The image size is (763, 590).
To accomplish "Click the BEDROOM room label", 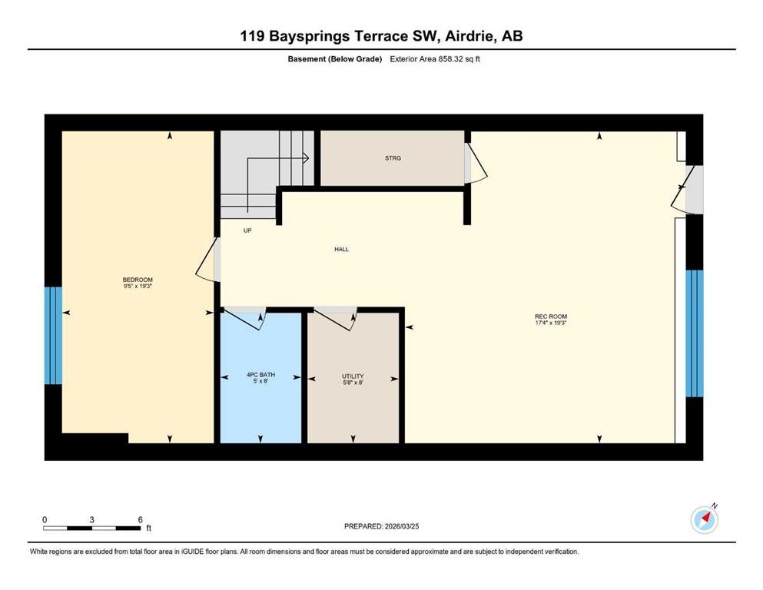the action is click(138, 280).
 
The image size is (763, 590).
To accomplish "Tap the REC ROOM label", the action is click(551, 317).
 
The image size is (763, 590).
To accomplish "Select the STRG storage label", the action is click(393, 158).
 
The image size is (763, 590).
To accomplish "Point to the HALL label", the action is click(342, 249).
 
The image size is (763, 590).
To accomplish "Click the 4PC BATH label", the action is click(260, 375).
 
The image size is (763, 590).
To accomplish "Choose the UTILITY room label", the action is click(353, 376).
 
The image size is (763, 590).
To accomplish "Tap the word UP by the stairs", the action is click(247, 230).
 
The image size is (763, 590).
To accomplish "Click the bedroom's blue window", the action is click(53, 336).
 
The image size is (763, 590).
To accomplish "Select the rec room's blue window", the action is click(695, 333).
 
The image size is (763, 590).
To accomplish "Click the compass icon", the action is click(705, 519).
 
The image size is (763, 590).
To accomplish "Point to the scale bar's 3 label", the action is click(91, 519).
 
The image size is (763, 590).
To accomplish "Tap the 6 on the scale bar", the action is click(140, 519).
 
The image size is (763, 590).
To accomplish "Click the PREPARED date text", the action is click(381, 526).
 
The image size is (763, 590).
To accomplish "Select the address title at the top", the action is click(381, 36).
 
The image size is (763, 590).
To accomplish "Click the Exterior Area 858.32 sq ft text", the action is click(435, 59).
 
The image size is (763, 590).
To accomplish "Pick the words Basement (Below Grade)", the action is click(335, 59).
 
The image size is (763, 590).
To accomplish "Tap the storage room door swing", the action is click(476, 163).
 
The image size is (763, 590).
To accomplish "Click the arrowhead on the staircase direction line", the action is click(306, 158).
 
